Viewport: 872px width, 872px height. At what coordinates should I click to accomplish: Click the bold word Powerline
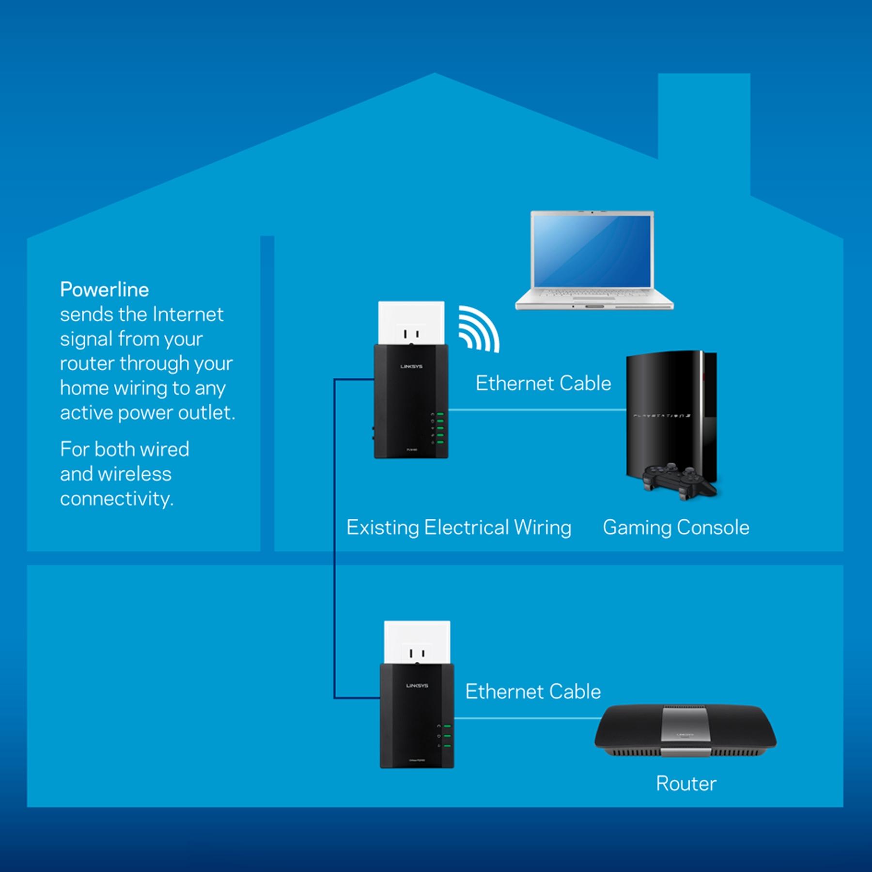[x=104, y=290]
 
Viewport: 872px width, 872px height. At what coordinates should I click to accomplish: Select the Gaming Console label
[x=676, y=528]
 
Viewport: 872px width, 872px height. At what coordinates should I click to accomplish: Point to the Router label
[x=686, y=783]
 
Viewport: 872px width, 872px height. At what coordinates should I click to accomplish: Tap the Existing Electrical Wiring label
[x=459, y=528]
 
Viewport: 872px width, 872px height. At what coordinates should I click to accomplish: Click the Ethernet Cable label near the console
[x=543, y=383]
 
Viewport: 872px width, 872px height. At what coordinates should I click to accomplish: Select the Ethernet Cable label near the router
[x=533, y=691]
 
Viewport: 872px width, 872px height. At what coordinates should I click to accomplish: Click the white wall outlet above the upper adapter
[x=411, y=322]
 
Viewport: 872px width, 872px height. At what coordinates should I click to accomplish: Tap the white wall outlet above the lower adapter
[x=417, y=642]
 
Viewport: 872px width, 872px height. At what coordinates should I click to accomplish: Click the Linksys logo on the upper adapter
[x=411, y=367]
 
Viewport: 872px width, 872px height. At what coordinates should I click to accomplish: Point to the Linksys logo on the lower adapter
[x=417, y=686]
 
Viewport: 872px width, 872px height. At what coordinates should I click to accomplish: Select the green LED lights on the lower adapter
[x=447, y=736]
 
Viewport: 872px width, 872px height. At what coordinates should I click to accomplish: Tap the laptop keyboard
[x=593, y=295]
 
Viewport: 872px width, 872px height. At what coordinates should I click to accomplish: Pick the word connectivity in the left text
[x=116, y=499]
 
